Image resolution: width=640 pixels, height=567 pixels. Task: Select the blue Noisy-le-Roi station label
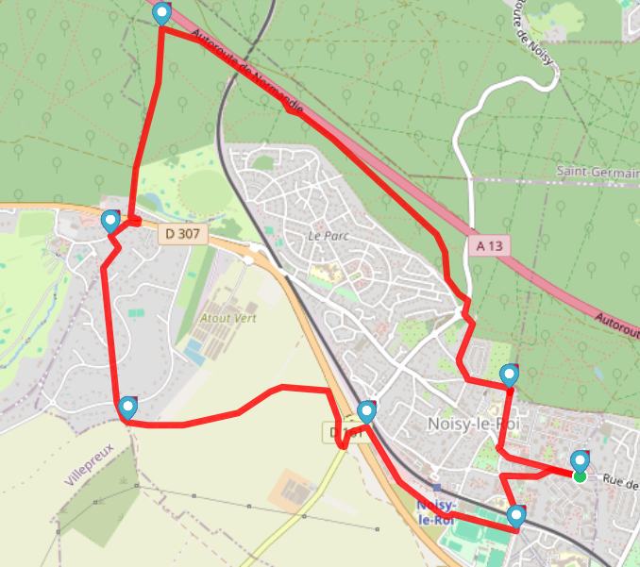click(435, 512)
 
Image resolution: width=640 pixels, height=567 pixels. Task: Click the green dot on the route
click(580, 476)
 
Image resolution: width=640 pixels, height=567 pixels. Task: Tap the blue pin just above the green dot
click(580, 460)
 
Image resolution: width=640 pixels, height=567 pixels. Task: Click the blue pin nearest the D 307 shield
click(110, 222)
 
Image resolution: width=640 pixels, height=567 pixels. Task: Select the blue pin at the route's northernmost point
click(162, 13)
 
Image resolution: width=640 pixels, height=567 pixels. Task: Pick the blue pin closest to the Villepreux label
click(127, 408)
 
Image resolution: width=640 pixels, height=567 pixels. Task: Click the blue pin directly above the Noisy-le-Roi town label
click(510, 375)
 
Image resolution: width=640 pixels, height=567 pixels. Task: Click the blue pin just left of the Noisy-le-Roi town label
click(367, 411)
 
